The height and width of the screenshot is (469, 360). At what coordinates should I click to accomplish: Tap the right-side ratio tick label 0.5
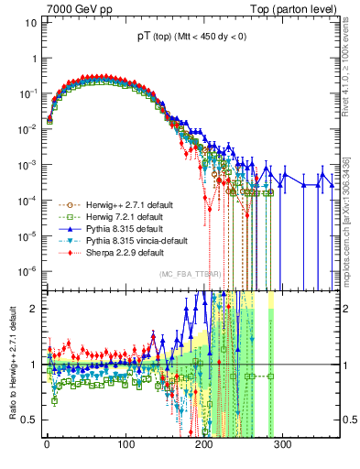(x=350, y=420)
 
